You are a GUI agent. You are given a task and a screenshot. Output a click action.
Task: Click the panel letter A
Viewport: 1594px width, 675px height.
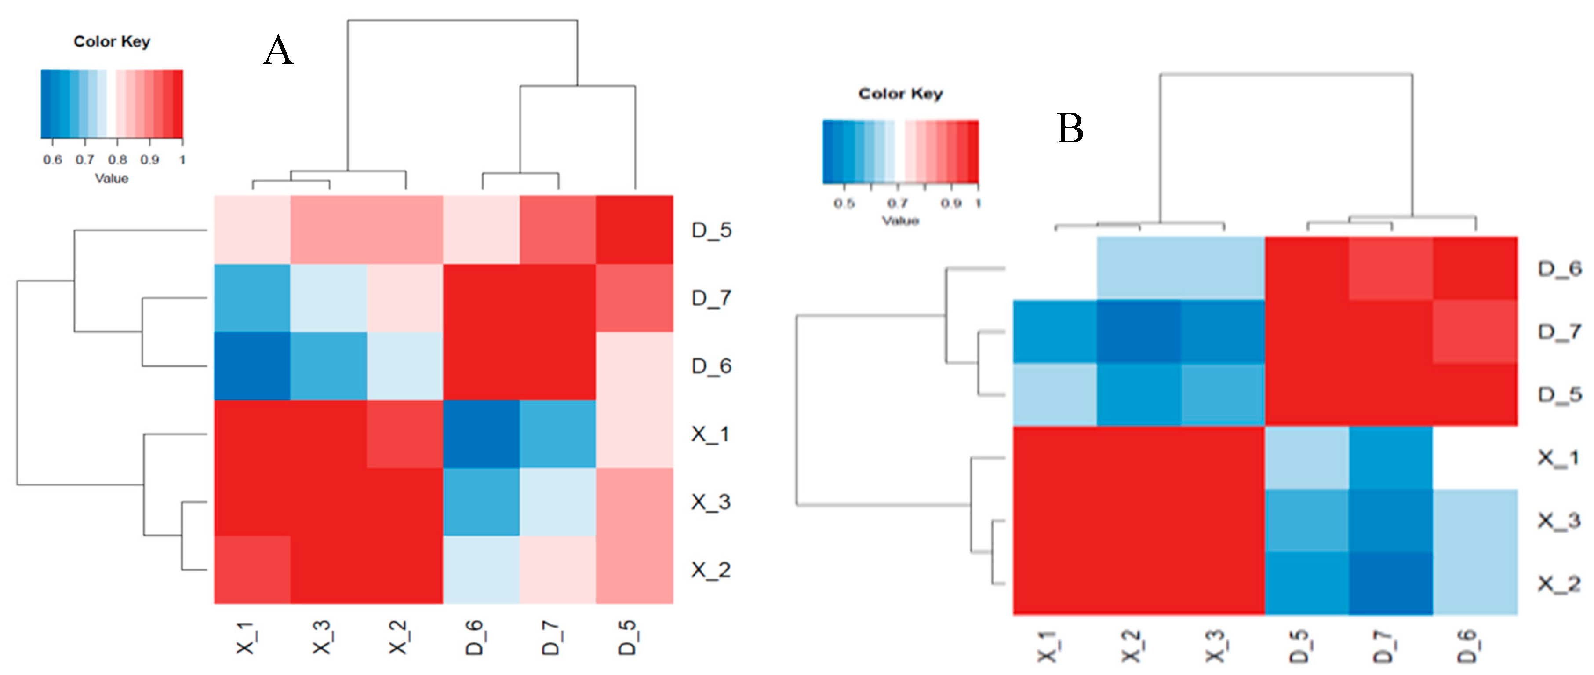tap(278, 50)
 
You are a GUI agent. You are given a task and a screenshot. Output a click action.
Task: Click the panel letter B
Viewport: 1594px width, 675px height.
tap(1070, 129)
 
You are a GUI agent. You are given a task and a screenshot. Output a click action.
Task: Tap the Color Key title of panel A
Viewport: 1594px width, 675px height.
tap(112, 41)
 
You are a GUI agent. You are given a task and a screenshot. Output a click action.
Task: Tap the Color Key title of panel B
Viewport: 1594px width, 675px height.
tap(900, 94)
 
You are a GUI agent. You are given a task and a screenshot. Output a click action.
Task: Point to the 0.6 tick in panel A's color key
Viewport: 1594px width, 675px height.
tap(53, 160)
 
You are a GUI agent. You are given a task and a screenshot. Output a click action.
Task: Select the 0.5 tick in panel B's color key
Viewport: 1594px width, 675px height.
tap(844, 204)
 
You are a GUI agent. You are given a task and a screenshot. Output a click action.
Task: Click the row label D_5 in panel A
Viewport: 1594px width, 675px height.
tap(712, 230)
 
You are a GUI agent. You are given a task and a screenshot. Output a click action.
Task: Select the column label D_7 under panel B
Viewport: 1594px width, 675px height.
tap(1383, 646)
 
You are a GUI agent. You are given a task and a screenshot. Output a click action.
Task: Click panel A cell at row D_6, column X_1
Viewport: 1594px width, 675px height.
tap(252, 366)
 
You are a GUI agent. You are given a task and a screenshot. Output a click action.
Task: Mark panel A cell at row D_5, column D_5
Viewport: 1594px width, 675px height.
tap(634, 230)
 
